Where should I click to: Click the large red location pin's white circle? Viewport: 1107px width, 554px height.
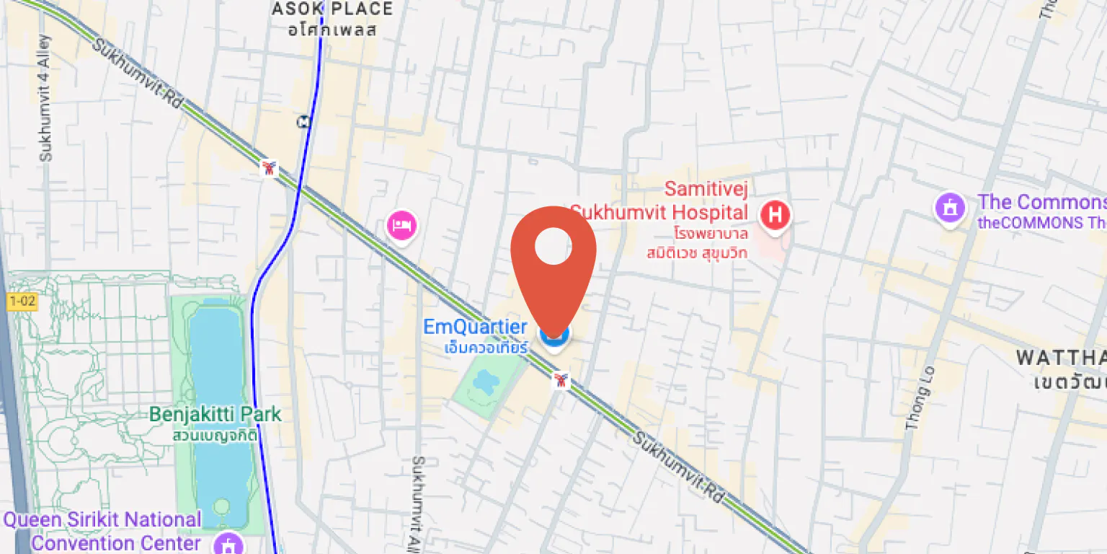[x=553, y=246]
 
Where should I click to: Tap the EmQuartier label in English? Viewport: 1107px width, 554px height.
[x=475, y=327]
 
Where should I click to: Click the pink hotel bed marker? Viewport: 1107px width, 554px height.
[x=402, y=225]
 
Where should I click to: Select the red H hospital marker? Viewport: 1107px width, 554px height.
[x=775, y=215]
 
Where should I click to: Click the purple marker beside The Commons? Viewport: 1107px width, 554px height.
[x=950, y=208]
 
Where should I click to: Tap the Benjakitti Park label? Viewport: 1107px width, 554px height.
[x=215, y=415]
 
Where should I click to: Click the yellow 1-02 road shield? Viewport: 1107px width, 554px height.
[x=22, y=302]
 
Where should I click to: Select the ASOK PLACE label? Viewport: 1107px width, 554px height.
[x=332, y=9]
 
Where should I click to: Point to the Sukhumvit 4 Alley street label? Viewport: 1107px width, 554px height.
[x=45, y=97]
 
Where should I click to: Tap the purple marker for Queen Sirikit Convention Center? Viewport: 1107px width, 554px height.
[x=230, y=542]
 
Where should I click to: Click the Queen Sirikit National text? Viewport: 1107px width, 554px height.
[x=102, y=520]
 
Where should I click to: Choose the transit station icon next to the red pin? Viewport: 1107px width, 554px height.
[x=560, y=380]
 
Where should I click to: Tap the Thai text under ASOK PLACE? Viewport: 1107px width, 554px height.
[x=332, y=30]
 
